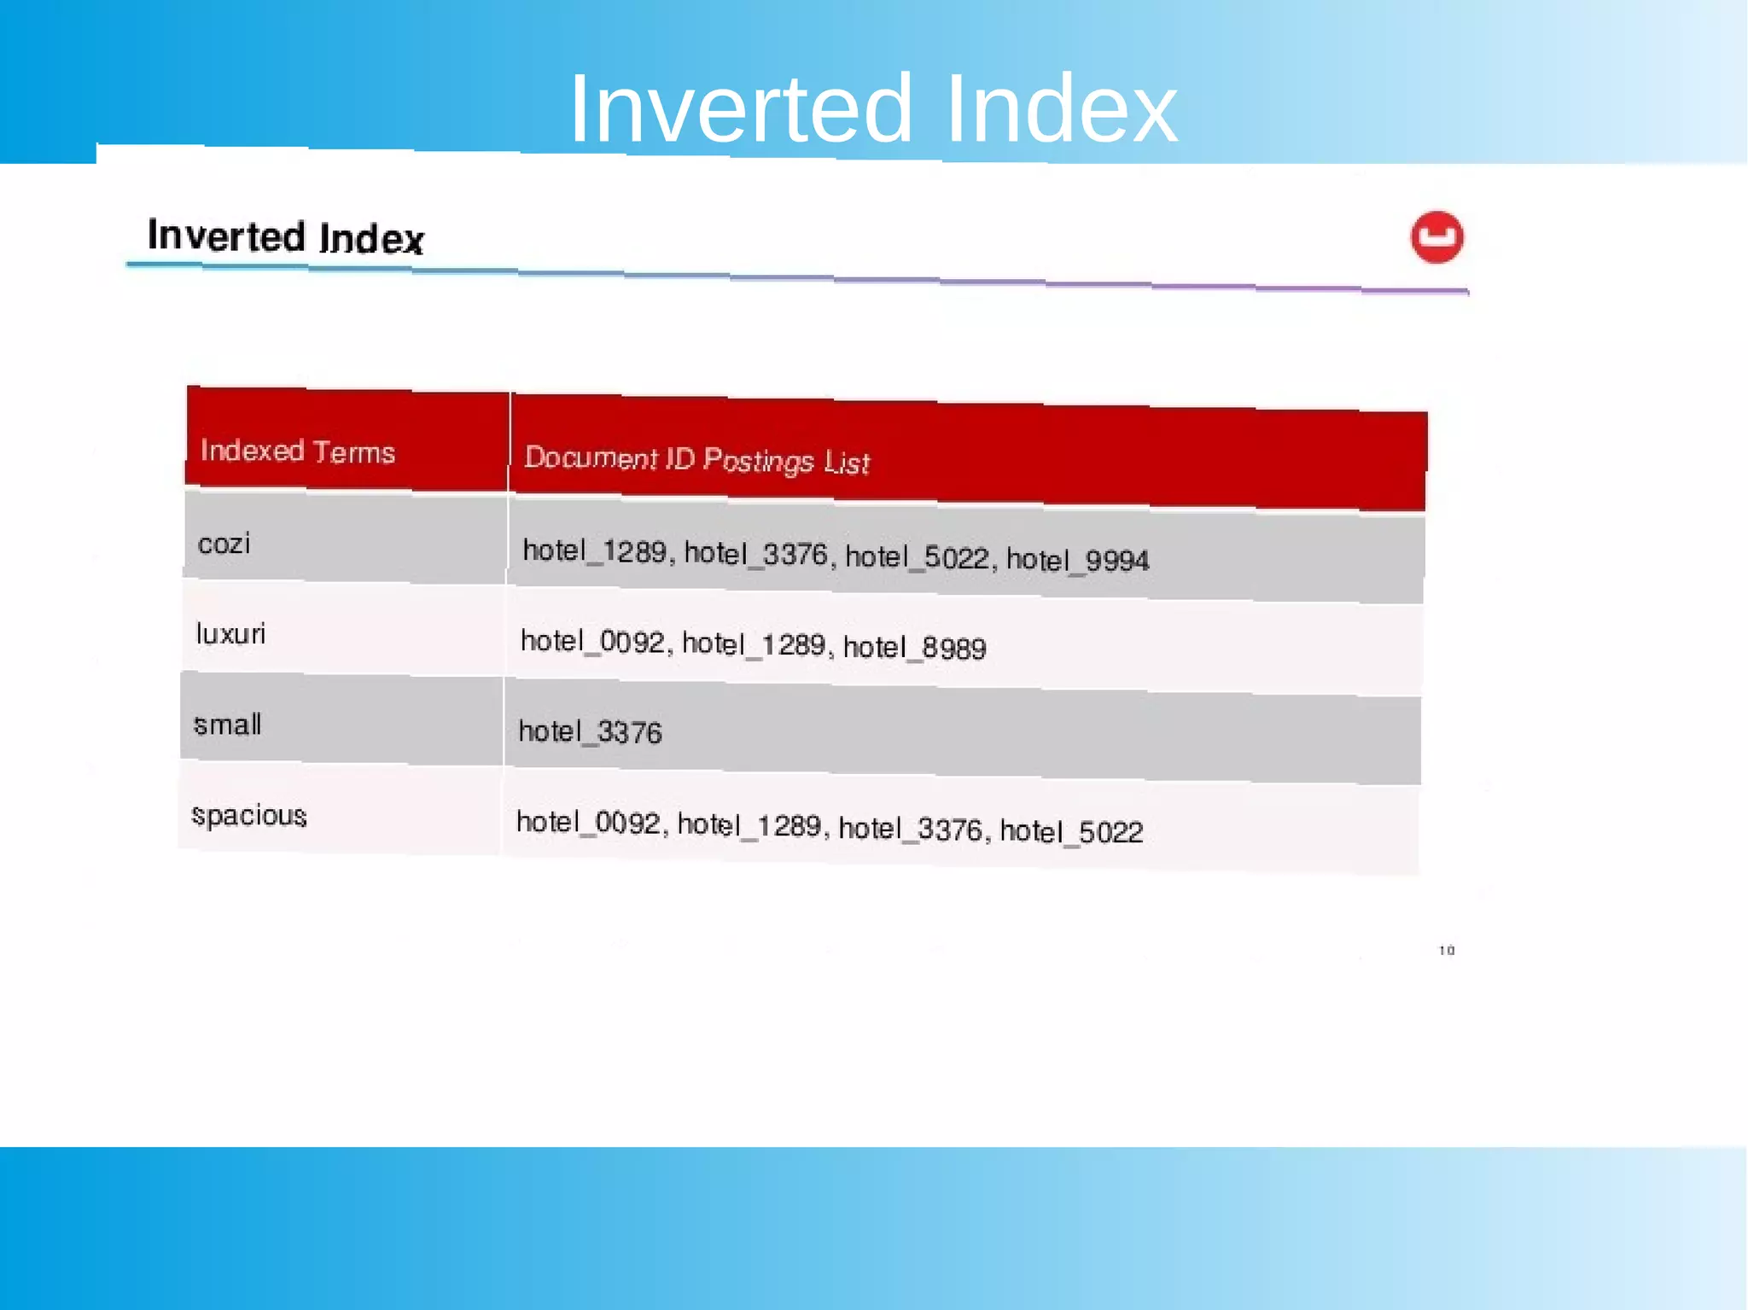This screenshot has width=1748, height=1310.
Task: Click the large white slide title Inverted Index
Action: point(872,109)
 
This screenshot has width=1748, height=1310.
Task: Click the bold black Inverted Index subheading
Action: point(285,236)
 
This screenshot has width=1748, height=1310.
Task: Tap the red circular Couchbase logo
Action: point(1436,237)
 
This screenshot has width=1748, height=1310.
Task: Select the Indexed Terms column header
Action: point(297,451)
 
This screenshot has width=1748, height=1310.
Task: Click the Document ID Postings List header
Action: point(696,460)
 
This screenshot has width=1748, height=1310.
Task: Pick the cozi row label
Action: point(224,544)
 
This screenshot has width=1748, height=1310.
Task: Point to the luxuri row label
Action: point(230,634)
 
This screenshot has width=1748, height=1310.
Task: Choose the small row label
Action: point(227,725)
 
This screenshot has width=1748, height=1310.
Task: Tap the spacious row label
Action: point(248,816)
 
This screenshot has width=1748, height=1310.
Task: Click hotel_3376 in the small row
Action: point(590,731)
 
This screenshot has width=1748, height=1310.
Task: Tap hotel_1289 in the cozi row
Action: point(594,551)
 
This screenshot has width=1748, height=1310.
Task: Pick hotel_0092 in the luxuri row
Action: point(591,641)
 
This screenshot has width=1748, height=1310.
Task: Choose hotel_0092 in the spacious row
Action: point(588,823)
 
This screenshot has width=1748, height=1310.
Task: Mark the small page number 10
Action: point(1447,950)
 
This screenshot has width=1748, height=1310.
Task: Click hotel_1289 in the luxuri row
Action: point(754,644)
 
